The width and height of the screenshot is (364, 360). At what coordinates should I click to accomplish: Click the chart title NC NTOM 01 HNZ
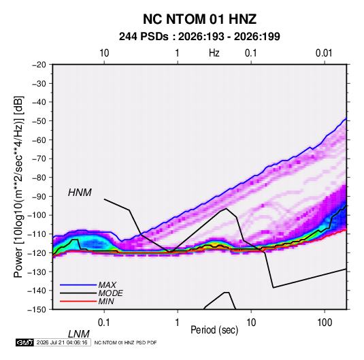coord(199,19)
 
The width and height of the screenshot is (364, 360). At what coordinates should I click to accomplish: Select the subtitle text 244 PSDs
coord(144,37)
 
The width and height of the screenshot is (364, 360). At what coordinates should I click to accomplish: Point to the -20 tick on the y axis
coord(39,65)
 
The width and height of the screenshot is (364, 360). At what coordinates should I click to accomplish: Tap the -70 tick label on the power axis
coord(39,159)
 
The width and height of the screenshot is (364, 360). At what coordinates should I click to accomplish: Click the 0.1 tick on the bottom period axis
coord(104,323)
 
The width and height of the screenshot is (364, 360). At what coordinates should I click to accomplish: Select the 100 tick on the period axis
coord(325,323)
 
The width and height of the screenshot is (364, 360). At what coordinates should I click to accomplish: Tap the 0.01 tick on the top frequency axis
coord(324,53)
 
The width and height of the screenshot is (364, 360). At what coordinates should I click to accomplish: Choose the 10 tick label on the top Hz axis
coord(104,53)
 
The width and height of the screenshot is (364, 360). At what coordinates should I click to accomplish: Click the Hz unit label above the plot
coord(214,53)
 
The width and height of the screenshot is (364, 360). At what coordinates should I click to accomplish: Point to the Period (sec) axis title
coord(214,330)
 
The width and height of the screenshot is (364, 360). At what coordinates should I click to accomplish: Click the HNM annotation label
coord(80,193)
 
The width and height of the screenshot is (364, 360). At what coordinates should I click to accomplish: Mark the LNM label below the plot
coord(78,334)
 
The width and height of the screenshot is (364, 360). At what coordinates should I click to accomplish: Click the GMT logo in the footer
coord(24,342)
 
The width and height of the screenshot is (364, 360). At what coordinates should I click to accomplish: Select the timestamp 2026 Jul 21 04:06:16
coord(62,342)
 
